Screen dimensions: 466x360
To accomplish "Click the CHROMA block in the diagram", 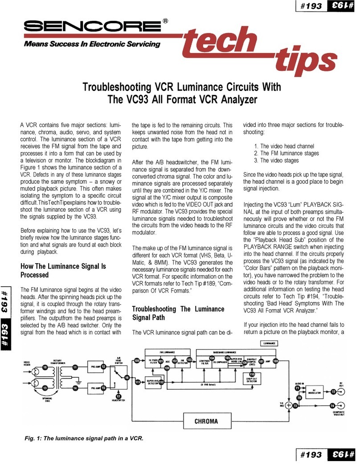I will click(x=206, y=420).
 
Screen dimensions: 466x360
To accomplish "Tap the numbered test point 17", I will click(x=118, y=396).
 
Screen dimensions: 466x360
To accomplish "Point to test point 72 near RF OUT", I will click(x=333, y=391).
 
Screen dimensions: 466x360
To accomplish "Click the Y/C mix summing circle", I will click(x=288, y=405).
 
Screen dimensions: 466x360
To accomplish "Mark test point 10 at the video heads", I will click(x=45, y=367).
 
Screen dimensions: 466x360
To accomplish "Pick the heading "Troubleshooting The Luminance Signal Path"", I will click(x=178, y=313).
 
